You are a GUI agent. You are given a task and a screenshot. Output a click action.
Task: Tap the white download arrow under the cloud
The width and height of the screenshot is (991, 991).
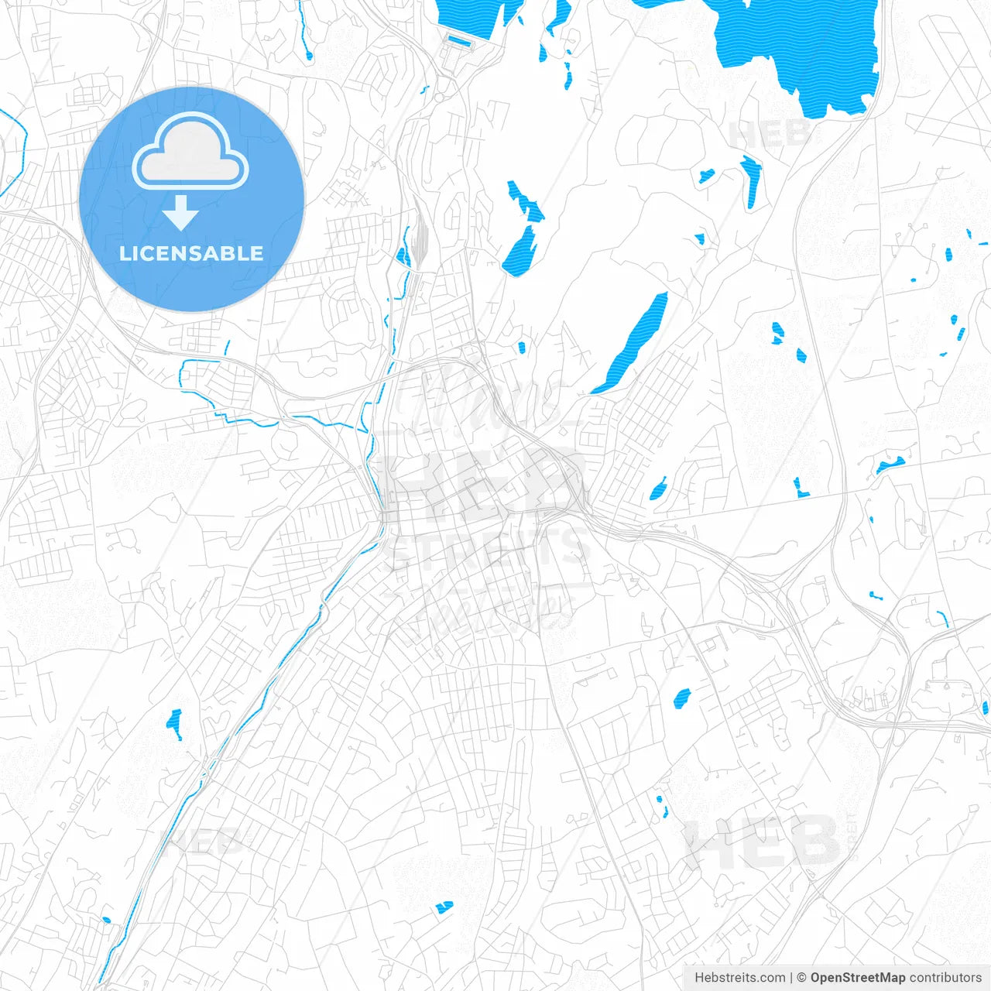click(x=180, y=213)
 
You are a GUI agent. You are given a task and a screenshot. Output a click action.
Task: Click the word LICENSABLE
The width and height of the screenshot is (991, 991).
click(x=191, y=253)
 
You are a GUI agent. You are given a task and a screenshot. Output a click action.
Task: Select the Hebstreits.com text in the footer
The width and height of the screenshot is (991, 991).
click(x=740, y=978)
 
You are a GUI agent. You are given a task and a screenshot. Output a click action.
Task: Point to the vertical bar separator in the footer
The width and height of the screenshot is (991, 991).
click(x=791, y=978)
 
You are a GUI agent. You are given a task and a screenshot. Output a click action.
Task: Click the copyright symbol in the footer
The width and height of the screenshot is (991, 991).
click(x=801, y=978)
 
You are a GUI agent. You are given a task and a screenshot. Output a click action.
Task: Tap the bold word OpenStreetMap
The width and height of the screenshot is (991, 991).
click(x=857, y=978)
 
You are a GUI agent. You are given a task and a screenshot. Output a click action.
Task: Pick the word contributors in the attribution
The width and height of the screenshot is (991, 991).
click(x=945, y=978)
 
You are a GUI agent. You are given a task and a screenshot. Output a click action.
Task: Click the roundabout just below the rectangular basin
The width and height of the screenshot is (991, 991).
click(x=438, y=98)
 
